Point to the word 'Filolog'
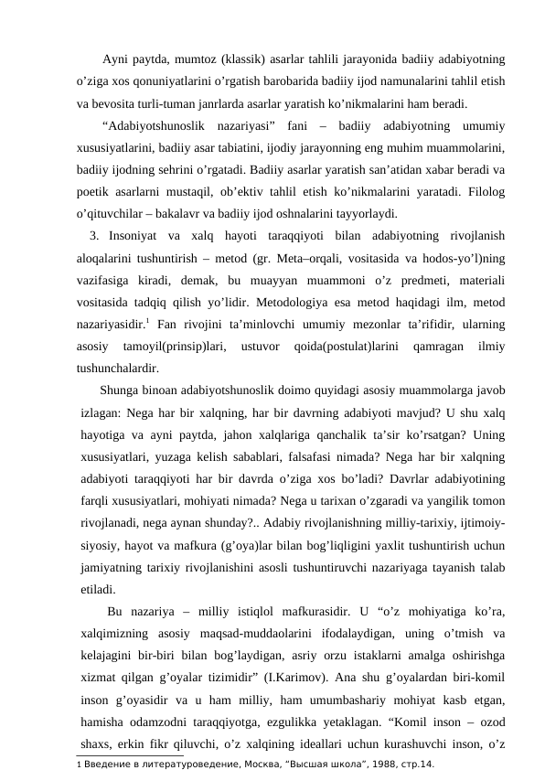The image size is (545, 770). click(486, 194)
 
